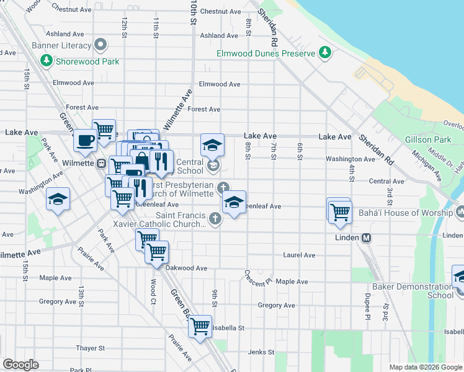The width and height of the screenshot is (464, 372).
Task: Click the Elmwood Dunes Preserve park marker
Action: point(324,53)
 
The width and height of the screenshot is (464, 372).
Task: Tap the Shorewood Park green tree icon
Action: point(46,61)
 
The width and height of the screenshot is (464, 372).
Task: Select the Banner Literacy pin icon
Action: point(100,45)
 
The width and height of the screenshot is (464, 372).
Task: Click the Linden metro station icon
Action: point(366,237)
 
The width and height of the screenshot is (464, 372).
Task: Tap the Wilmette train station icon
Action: point(100,164)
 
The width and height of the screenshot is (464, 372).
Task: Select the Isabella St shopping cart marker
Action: point(200,325)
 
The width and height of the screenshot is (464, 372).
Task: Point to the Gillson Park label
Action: point(428,140)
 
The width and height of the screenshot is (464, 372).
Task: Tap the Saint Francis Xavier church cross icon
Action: point(215,218)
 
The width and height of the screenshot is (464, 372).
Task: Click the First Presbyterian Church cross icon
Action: point(222,187)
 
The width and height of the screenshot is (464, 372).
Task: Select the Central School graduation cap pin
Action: point(212,145)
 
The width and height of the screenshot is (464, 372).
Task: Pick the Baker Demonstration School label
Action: point(413,291)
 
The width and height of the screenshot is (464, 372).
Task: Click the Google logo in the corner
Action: point(20,365)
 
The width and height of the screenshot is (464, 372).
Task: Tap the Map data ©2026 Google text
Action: point(425,367)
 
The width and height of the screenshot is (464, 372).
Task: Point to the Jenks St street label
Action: point(261,352)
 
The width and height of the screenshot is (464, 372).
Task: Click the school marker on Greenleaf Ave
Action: point(234,203)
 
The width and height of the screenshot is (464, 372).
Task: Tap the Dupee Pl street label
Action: point(367,305)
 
